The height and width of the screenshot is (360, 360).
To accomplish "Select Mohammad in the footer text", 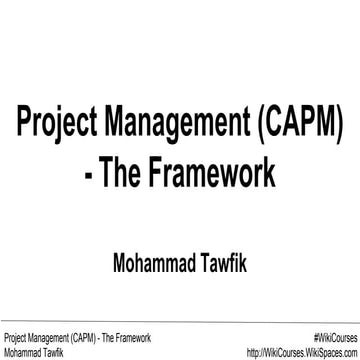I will tap(22, 351).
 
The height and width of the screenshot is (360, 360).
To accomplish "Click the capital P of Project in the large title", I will tap(21, 129).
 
